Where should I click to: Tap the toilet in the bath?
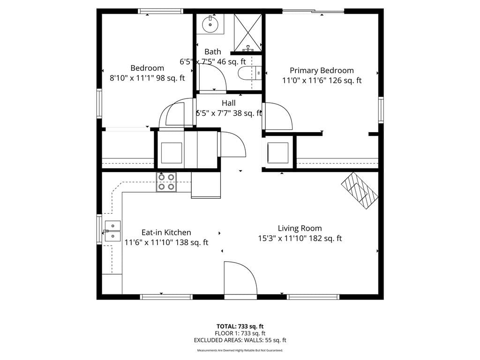pos(249,73)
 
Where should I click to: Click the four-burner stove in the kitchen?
pos(166,182)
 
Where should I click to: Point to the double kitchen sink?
pos(112,231)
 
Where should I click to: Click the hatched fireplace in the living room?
pos(360,191)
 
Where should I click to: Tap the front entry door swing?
pos(240,278)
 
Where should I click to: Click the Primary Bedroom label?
pos(322,70)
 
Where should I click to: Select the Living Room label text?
pos(300,228)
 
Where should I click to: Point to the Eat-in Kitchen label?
pos(166,232)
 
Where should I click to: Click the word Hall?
pos(229,103)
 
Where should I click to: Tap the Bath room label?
pos(213,52)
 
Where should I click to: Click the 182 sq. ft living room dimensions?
pos(300,238)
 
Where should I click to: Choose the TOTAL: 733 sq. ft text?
pos(240,326)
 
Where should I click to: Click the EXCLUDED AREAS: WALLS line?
pos(240,340)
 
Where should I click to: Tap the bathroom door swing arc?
pos(213,76)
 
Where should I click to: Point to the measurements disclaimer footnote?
pos(240,350)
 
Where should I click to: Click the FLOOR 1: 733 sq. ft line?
pos(240,333)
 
